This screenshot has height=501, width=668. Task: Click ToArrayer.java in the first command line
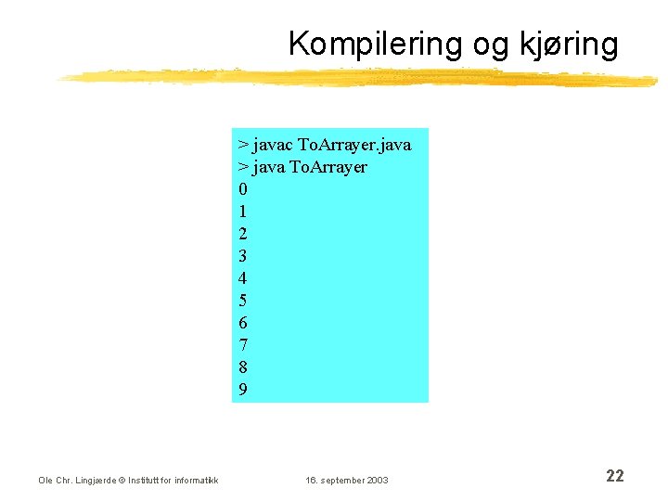[354, 145]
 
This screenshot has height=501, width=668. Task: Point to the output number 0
[243, 189]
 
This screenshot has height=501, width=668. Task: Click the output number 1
[243, 212]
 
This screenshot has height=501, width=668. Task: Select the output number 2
[243, 234]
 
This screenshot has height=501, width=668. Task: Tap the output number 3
[243, 256]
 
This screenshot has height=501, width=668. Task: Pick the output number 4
[243, 278]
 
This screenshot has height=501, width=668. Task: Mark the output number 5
[243, 301]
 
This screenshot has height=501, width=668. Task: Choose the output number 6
[243, 323]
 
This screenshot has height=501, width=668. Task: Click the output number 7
[243, 345]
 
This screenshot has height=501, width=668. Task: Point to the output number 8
[243, 367]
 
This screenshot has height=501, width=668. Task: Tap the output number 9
[243, 390]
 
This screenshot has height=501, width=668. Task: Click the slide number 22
[614, 476]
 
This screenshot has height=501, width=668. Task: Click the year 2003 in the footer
[378, 480]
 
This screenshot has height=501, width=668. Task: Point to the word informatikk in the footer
[197, 480]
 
